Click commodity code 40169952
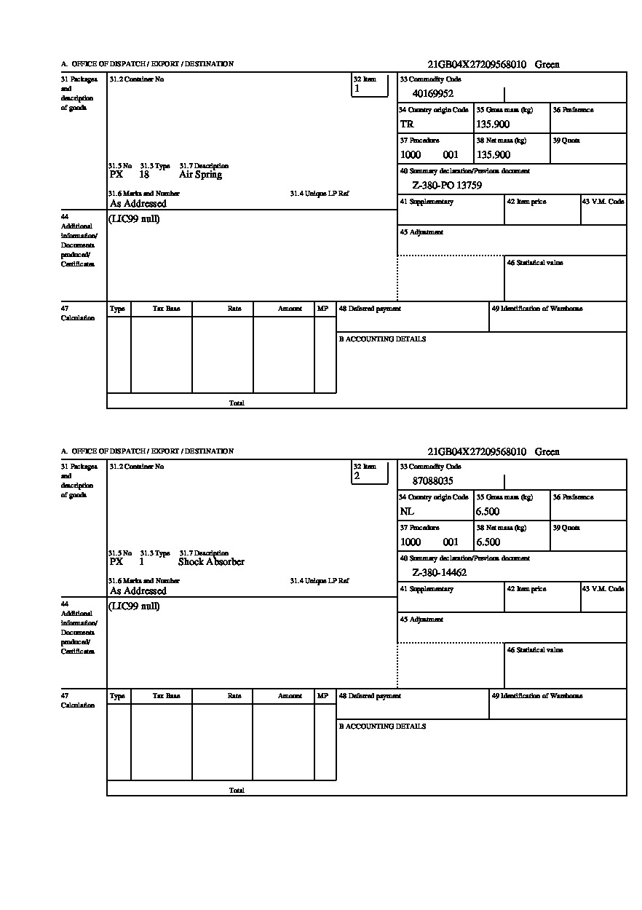tap(433, 93)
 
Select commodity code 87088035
tap(433, 480)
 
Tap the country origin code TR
tap(407, 124)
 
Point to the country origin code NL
tap(407, 511)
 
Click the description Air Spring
tap(200, 175)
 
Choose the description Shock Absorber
tap(211, 562)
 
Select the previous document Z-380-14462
tap(440, 573)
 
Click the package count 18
tap(144, 175)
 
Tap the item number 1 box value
tap(357, 89)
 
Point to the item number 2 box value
tap(357, 476)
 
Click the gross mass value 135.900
tap(493, 124)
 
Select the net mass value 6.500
tap(488, 542)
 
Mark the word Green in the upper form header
tap(547, 64)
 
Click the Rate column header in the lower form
tap(234, 696)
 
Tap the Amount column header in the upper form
tap(290, 309)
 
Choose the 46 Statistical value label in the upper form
tap(535, 263)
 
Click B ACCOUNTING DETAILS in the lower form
tap(382, 727)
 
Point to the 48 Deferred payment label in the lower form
tap(370, 696)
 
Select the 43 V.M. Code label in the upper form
tap(603, 202)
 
